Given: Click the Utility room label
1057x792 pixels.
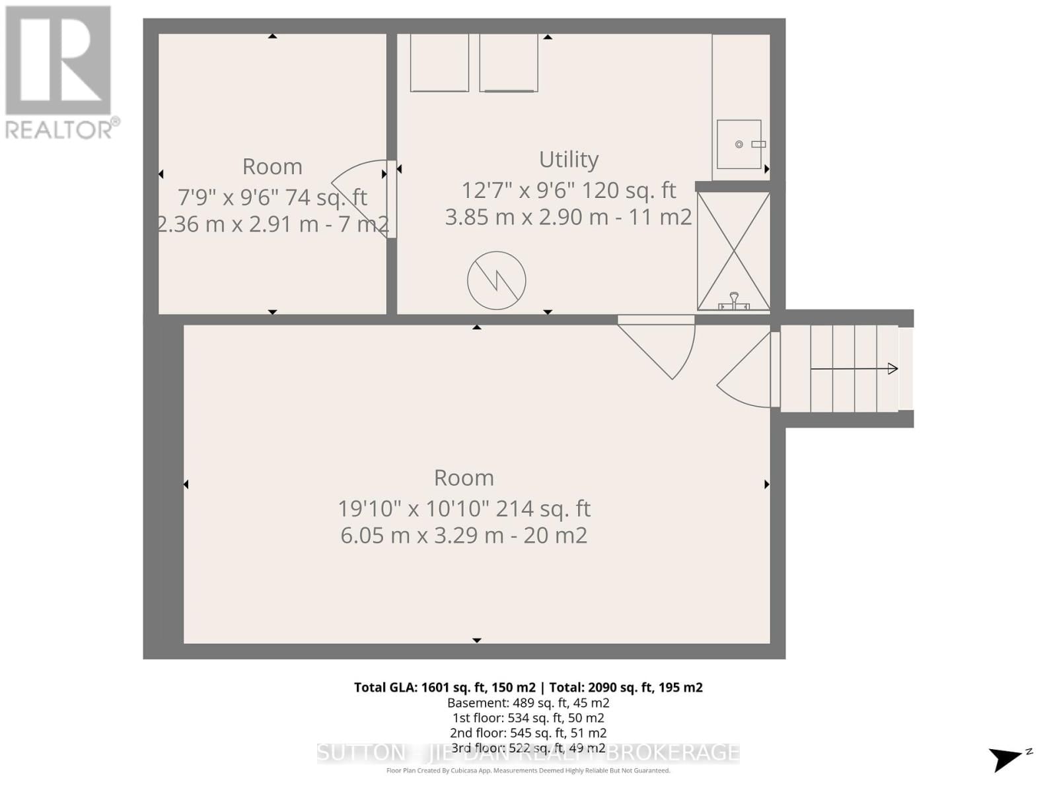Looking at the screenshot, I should click(568, 159).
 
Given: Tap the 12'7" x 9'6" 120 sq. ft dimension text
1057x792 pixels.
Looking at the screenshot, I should click(568, 190).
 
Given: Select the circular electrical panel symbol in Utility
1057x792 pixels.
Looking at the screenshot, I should click(496, 280).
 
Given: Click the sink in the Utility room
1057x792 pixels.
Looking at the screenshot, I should click(739, 144).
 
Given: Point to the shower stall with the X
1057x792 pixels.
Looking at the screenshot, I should click(733, 251).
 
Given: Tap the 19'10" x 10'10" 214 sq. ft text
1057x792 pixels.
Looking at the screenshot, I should click(464, 508).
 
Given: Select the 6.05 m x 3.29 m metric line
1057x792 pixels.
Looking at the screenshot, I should click(464, 535).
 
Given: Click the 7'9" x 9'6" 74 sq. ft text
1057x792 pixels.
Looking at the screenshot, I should click(272, 197).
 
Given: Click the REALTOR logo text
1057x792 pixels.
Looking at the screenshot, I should click(63, 129).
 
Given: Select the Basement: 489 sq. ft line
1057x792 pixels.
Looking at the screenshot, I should click(528, 703).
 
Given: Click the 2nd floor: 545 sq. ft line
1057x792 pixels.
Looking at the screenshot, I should click(528, 733).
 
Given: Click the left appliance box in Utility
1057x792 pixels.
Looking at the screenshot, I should click(439, 63).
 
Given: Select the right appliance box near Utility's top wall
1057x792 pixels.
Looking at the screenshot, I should click(508, 63).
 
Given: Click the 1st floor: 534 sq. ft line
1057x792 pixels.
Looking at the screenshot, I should click(528, 717).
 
